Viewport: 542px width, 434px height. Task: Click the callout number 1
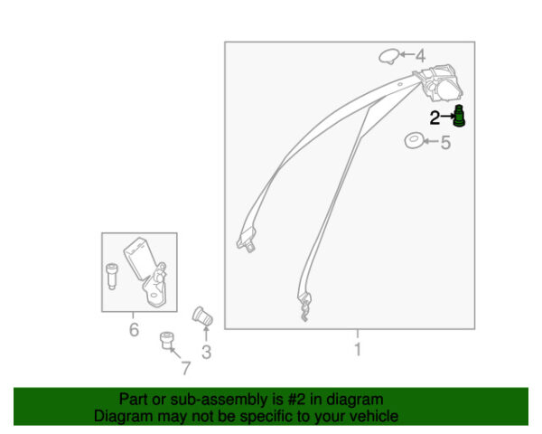click(x=358, y=349)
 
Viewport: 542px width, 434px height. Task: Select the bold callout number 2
click(x=435, y=118)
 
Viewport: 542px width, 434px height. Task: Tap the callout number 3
click(x=206, y=352)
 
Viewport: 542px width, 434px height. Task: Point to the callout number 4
click(x=420, y=56)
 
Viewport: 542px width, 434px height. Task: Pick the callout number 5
click(x=446, y=143)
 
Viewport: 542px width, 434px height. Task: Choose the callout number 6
click(x=134, y=329)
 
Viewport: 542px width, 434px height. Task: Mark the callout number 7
click(x=186, y=368)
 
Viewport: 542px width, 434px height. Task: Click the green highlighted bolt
click(x=459, y=116)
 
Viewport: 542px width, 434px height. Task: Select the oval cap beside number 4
click(x=388, y=56)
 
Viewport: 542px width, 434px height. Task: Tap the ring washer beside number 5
click(x=414, y=141)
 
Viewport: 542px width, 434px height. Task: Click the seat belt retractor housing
click(x=441, y=83)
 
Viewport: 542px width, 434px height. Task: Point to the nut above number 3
click(x=202, y=316)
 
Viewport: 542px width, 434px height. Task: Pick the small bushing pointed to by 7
click(x=167, y=340)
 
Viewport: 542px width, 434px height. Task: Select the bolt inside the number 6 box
click(x=112, y=276)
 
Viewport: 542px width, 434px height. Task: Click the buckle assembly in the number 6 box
click(x=145, y=272)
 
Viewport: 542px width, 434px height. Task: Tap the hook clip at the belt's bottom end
click(x=304, y=307)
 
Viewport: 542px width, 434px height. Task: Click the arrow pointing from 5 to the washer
click(x=431, y=141)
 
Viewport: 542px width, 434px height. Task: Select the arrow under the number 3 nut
click(x=206, y=334)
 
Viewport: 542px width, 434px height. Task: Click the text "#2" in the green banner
click(x=296, y=400)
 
